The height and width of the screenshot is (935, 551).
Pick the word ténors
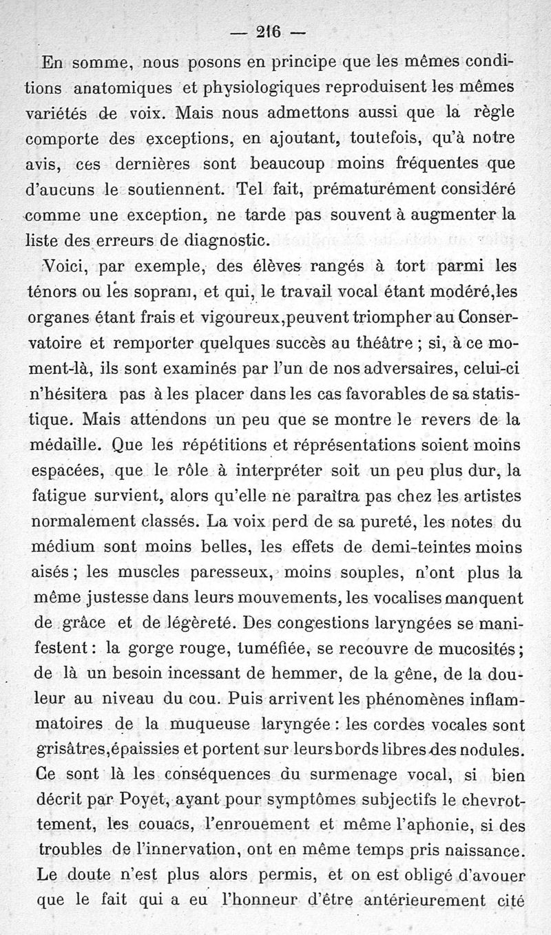(x=57, y=291)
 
